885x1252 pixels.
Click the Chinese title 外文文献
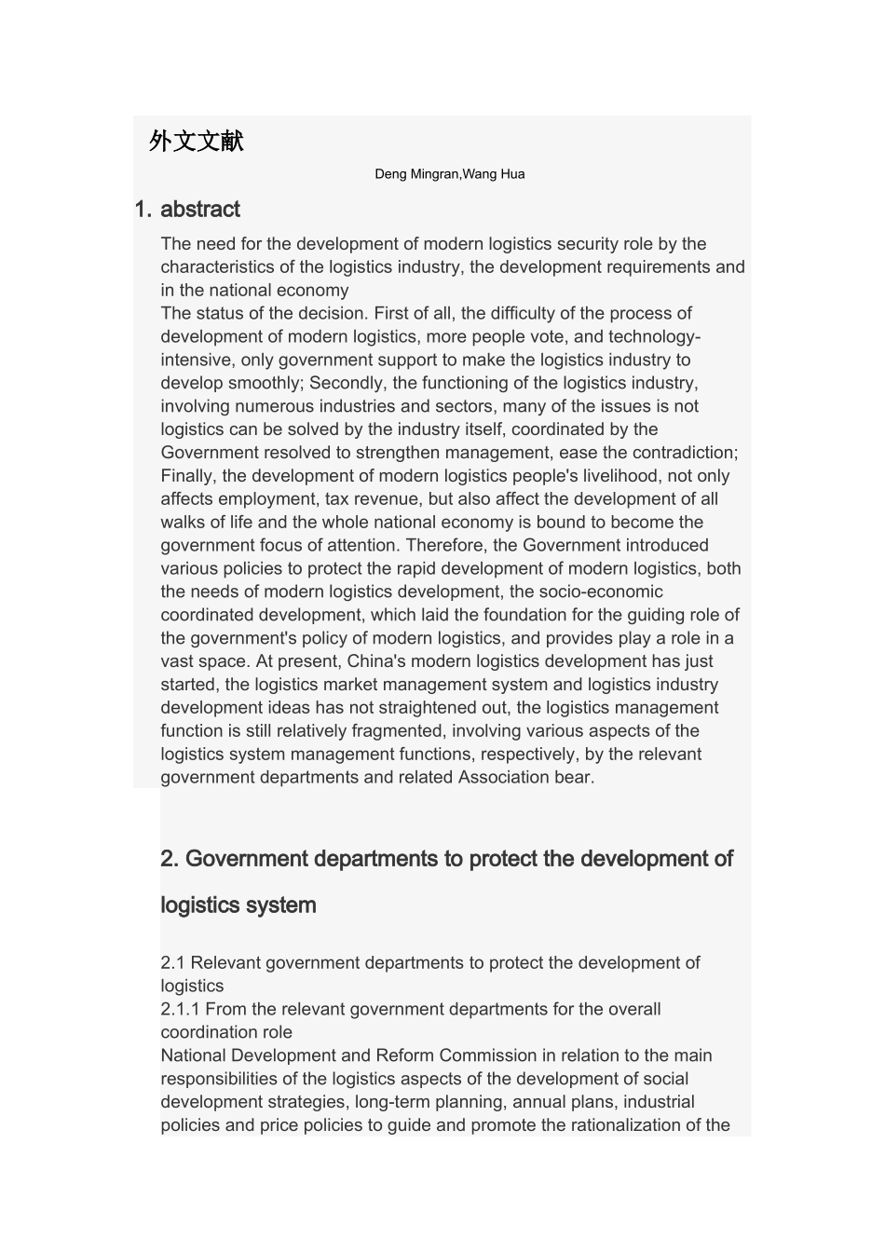(x=197, y=142)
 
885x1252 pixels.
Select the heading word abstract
(x=200, y=210)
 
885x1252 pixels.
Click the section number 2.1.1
(x=180, y=1009)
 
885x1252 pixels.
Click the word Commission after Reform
(x=488, y=1055)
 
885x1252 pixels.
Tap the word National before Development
(x=193, y=1055)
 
